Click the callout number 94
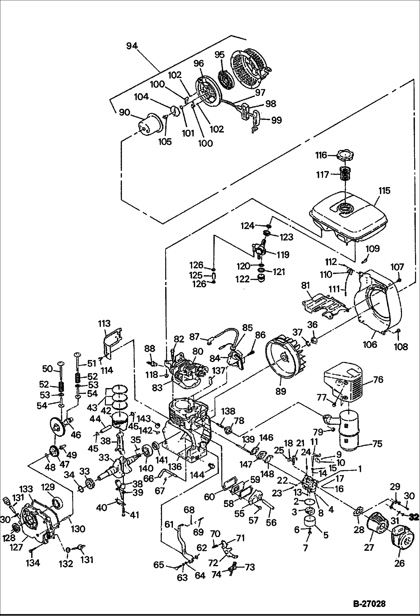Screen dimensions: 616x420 coord(132,46)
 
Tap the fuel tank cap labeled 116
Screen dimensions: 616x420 coord(346,155)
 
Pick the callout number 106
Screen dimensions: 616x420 coord(370,344)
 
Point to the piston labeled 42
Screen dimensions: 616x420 coord(121,423)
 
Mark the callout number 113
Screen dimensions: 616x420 coord(104,323)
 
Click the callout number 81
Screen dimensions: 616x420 coord(305,286)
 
